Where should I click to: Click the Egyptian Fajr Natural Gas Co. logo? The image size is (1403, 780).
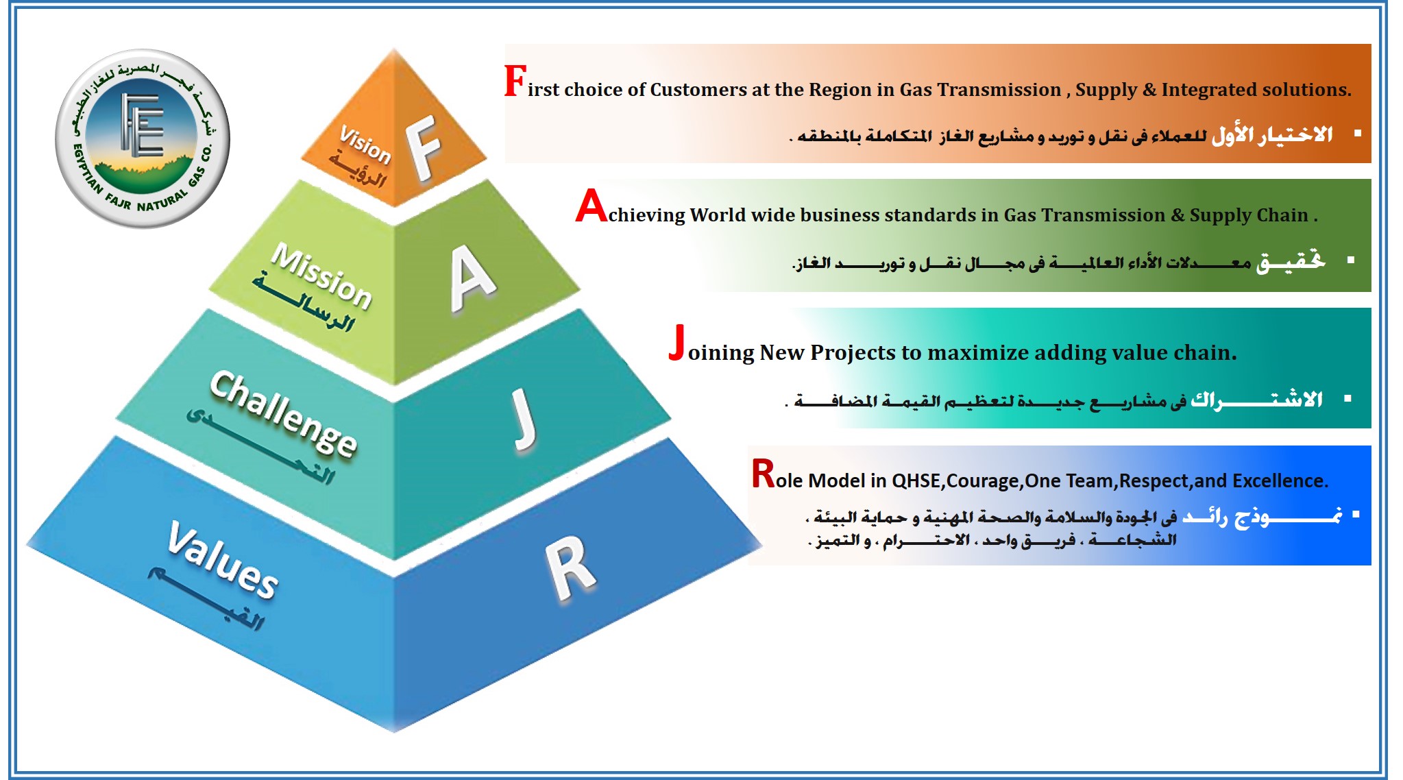143,138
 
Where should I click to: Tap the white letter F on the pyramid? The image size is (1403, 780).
423,147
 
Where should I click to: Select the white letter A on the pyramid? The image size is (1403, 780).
472,278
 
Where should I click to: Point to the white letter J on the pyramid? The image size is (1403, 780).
524,419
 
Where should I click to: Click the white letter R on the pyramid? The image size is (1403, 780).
570,568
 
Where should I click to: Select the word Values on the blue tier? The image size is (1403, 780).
223,558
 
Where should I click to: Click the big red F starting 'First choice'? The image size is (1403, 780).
515,81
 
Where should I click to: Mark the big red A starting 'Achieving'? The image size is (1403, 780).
591,206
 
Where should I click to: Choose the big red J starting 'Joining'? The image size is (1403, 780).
677,342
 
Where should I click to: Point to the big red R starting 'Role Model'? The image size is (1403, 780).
763,473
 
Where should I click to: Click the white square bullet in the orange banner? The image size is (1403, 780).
1358,133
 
